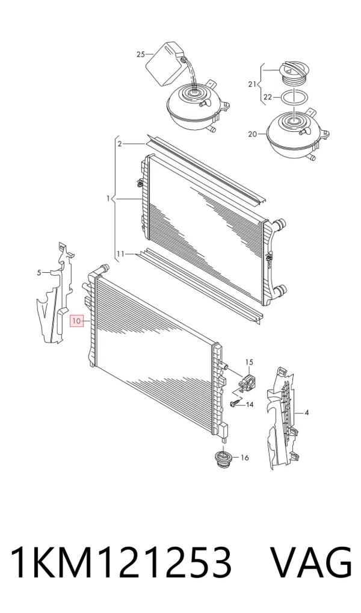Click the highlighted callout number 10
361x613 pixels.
[76, 321]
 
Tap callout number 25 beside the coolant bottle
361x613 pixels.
[141, 55]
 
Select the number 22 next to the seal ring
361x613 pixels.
[267, 98]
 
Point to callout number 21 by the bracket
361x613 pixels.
[252, 84]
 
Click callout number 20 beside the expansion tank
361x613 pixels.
[252, 134]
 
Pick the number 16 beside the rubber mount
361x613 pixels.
[244, 458]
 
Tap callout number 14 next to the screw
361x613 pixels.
[249, 404]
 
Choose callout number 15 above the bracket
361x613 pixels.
[249, 362]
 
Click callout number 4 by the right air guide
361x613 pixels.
[307, 412]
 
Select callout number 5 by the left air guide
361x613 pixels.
[39, 273]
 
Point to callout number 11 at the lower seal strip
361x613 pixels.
[120, 254]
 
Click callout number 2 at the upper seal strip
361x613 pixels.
[120, 144]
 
